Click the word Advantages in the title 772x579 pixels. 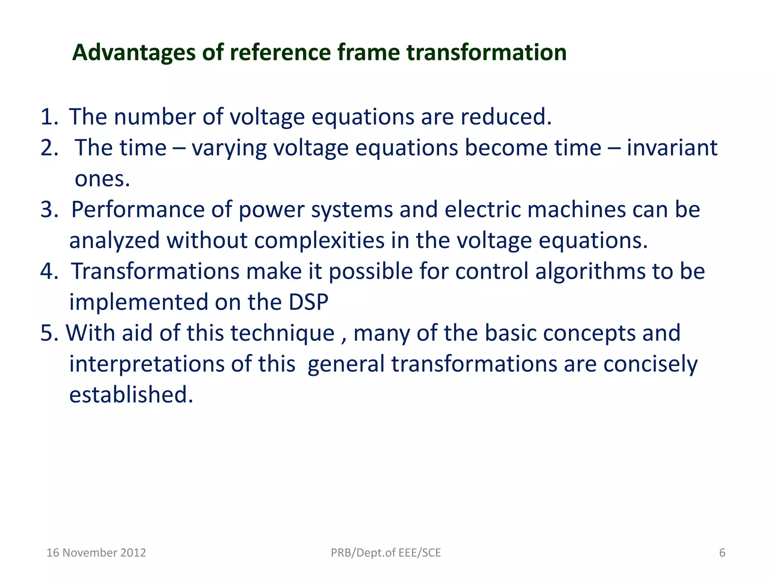click(134, 53)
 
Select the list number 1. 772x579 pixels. click(49, 117)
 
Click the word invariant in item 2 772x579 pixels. click(672, 148)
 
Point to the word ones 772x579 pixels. click(102, 179)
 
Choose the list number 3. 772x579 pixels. click(49, 210)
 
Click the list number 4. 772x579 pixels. click(49, 271)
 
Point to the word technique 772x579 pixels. click(283, 333)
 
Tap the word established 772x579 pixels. click(131, 395)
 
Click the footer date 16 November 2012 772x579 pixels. click(96, 553)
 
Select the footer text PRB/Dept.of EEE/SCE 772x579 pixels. click(386, 553)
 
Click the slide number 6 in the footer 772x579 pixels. click(722, 553)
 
